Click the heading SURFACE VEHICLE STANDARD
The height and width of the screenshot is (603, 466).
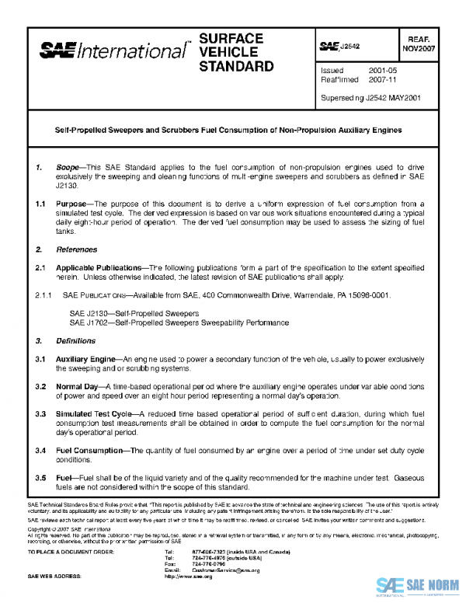coord(236,52)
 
